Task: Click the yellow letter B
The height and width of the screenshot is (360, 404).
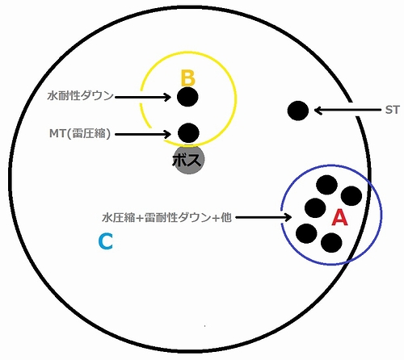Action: click(187, 78)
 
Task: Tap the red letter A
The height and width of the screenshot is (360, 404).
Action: click(339, 217)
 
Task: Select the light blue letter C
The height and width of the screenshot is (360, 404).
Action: click(106, 241)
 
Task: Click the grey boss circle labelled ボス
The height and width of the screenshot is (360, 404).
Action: click(188, 159)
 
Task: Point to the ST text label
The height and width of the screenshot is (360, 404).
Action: click(392, 110)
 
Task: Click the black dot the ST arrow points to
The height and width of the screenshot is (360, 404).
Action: click(298, 111)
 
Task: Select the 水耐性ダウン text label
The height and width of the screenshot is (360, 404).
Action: click(80, 96)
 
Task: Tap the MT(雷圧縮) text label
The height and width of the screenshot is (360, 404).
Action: click(80, 133)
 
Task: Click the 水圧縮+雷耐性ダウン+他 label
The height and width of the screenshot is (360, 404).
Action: click(166, 217)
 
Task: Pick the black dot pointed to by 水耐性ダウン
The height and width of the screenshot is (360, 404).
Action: click(187, 97)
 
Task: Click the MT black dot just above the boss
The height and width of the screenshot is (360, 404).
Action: click(188, 133)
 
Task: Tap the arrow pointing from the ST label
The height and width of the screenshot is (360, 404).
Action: click(348, 111)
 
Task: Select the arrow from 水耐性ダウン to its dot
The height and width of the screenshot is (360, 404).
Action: click(143, 97)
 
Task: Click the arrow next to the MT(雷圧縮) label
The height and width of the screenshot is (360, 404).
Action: click(143, 134)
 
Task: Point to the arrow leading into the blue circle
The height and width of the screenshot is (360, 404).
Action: click(263, 217)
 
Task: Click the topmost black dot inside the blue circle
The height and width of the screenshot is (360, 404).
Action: click(326, 185)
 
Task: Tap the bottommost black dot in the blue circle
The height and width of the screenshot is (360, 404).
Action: click(331, 243)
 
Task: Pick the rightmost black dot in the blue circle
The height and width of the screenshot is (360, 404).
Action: click(351, 196)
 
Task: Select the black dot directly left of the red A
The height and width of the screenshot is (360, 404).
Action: click(315, 208)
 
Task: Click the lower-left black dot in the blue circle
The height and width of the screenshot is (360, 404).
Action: click(306, 233)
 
